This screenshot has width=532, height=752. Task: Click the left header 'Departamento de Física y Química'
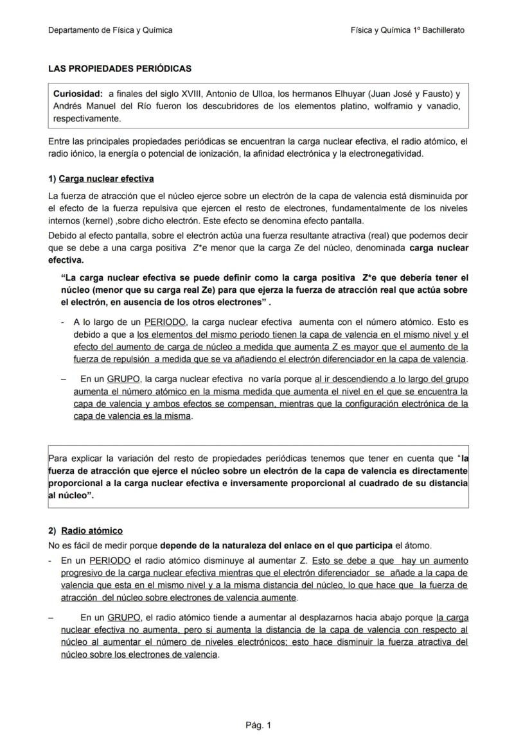110,30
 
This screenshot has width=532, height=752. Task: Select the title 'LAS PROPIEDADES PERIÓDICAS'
120,68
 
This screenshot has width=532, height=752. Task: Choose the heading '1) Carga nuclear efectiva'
101,179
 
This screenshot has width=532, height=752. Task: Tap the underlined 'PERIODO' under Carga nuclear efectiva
165,322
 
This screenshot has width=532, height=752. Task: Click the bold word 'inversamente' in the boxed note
308,483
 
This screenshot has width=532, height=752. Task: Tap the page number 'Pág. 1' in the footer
258,726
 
